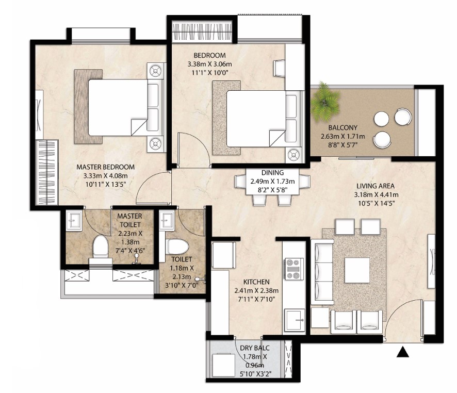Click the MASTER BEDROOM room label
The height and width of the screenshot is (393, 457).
point(106,167)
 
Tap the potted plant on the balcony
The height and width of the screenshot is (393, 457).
point(324,102)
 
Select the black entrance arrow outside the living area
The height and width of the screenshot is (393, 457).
point(402,352)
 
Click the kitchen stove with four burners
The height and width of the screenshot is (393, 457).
point(293,269)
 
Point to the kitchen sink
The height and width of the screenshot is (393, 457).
point(294,320)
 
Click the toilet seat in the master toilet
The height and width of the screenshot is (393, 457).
point(100,247)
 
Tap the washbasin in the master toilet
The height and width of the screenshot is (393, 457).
point(74,221)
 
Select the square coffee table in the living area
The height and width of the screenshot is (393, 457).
point(357,270)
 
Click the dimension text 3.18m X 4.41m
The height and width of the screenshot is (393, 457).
point(376,194)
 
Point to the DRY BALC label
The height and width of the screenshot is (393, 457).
point(254,348)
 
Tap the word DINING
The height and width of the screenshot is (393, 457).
point(272,173)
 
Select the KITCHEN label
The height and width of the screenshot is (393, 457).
point(256,282)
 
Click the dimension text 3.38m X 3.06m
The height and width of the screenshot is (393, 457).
point(209,64)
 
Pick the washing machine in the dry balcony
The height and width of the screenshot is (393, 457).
point(224,365)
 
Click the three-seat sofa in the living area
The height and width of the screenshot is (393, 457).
point(322,272)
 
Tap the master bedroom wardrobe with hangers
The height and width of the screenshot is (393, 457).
point(47,172)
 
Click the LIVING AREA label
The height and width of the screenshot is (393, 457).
point(376,186)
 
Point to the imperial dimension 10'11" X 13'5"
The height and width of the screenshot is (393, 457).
point(105,184)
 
